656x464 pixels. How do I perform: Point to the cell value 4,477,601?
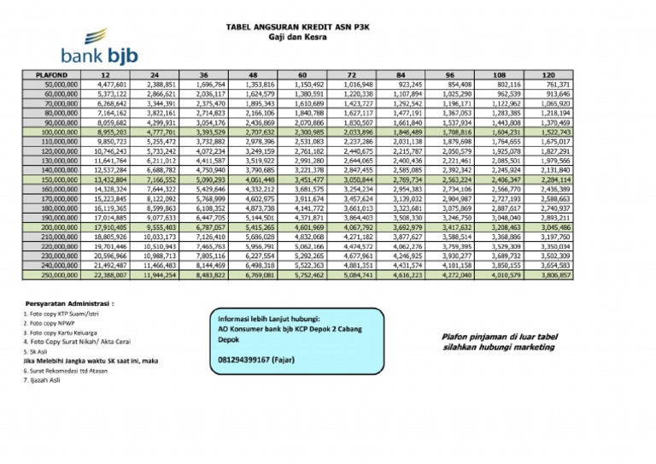[x=112, y=85]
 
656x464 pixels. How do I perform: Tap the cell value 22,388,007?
[x=110, y=276]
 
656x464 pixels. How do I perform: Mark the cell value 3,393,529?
[x=210, y=132]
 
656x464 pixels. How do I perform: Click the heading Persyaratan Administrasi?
[x=70, y=302]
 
